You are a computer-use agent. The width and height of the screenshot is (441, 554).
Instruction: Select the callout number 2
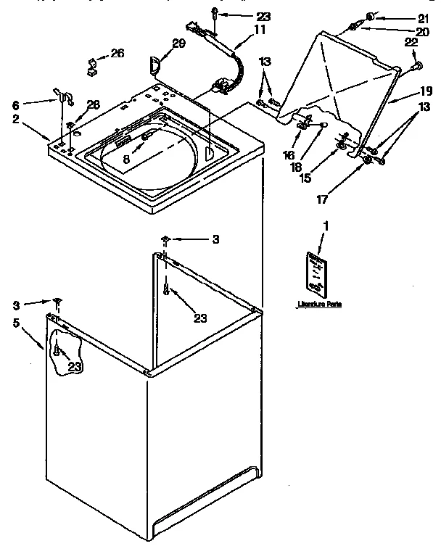tap(15, 119)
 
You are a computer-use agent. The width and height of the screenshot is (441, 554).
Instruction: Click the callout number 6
tap(15, 105)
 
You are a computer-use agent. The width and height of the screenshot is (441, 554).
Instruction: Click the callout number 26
tap(117, 53)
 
